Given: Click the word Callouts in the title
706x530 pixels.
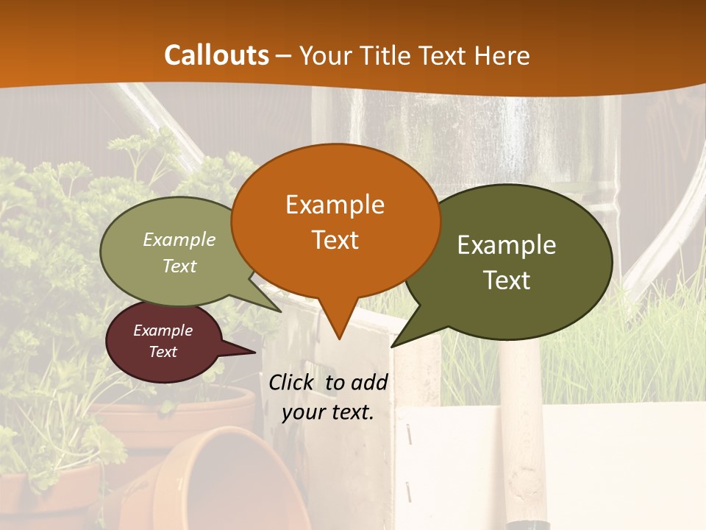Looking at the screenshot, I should point(216,55).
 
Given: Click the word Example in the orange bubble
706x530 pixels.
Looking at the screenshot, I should point(335,205).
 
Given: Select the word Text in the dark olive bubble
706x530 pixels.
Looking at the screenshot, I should point(507,280).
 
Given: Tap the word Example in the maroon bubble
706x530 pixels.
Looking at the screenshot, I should point(163,331).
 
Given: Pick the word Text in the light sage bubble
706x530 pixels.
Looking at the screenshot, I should point(179,266).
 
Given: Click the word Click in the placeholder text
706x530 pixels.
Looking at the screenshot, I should point(292,382).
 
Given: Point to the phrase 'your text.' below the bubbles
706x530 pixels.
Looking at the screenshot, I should point(328,412).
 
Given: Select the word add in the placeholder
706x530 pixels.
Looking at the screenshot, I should point(368,382).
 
